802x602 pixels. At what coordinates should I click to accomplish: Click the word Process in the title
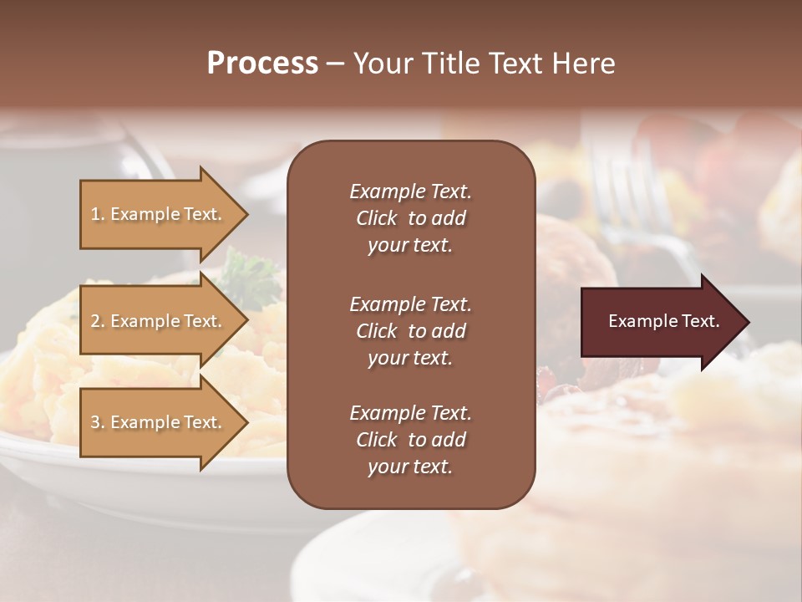262,64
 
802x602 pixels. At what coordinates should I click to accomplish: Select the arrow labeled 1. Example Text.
159,215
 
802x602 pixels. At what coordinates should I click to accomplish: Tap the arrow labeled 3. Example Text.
159,423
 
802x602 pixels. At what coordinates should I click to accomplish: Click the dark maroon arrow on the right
660,322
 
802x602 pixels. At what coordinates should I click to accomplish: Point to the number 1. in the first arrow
98,215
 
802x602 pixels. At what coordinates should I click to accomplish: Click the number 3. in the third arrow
98,423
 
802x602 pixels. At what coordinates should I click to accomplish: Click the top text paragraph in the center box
410,218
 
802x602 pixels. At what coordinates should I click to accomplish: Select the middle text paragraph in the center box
410,331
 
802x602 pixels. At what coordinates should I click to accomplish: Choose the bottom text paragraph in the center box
410,440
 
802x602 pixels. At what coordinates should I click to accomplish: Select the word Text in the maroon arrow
701,322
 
